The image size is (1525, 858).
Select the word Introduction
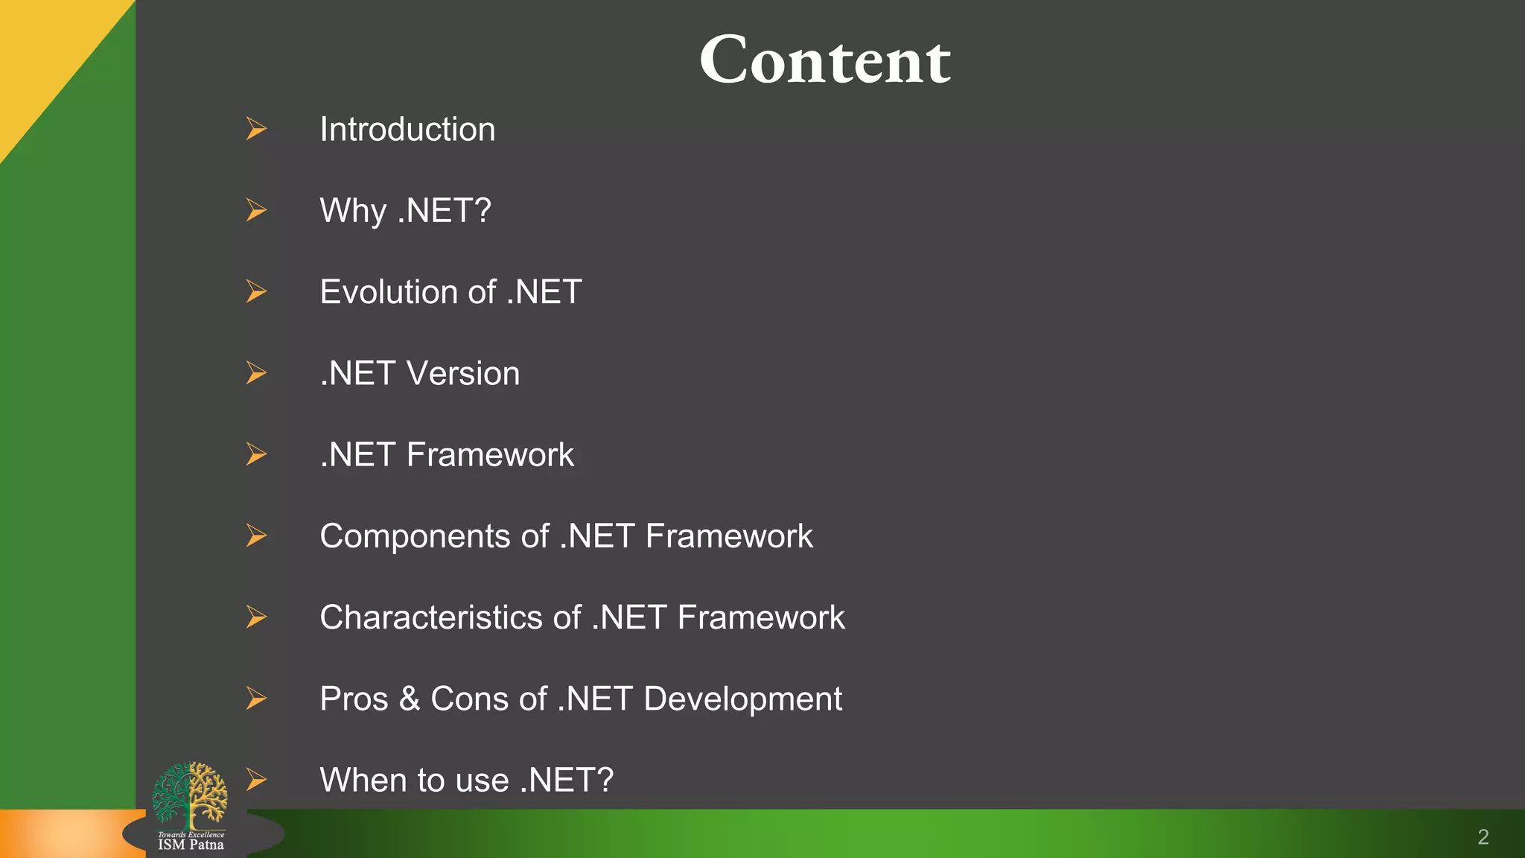[x=407, y=130]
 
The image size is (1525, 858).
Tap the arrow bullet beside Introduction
[x=256, y=129]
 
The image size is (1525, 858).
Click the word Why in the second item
[x=352, y=211]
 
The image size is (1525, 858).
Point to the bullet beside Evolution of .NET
[x=256, y=291]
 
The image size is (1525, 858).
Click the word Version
[x=462, y=373]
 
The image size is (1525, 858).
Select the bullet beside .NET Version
[x=256, y=372]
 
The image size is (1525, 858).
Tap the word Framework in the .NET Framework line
[x=490, y=454]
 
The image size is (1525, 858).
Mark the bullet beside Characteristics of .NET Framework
[x=256, y=617]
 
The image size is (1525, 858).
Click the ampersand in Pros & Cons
[x=409, y=699]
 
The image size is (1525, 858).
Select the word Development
[x=742, y=699]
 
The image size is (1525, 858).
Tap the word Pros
[x=354, y=699]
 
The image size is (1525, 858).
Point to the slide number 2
[x=1483, y=837]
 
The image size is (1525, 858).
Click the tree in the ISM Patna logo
[x=190, y=794]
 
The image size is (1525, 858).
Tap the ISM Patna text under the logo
[x=191, y=845]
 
